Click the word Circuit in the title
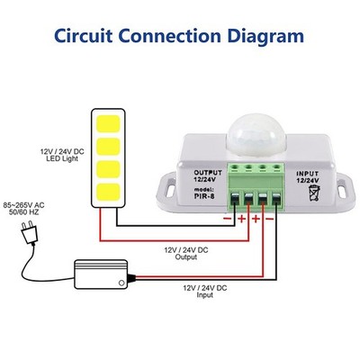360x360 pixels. (84, 36)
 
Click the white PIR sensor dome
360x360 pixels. (256, 135)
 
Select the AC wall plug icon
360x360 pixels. (30, 232)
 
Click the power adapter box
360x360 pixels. (101, 274)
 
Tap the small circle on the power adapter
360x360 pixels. (121, 283)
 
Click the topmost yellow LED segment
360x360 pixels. (108, 123)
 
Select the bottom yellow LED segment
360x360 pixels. (108, 192)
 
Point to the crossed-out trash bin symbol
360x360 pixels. (314, 193)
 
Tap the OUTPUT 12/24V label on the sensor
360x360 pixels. (208, 176)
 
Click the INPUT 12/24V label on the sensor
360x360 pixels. (308, 177)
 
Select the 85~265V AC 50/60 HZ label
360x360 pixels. (23, 209)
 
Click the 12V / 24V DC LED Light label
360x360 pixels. (62, 155)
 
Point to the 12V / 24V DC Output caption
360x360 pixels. (186, 254)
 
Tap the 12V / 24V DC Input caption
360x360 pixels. (205, 292)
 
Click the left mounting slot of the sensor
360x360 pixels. (170, 188)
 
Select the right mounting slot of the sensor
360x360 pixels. (342, 188)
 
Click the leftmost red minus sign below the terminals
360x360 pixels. (227, 219)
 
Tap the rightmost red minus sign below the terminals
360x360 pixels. (270, 219)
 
